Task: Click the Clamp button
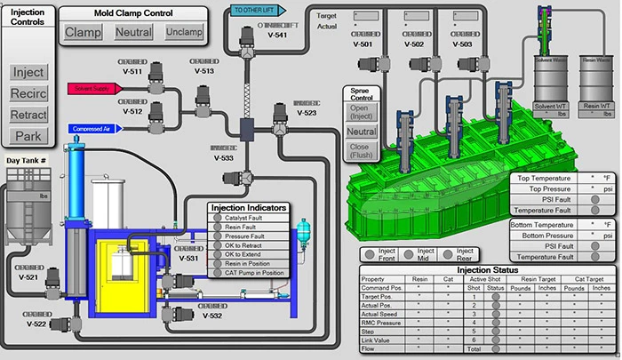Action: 83,33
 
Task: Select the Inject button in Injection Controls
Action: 28,72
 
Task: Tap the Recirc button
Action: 28,93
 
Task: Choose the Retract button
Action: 28,115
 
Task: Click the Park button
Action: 28,136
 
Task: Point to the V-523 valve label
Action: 306,114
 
